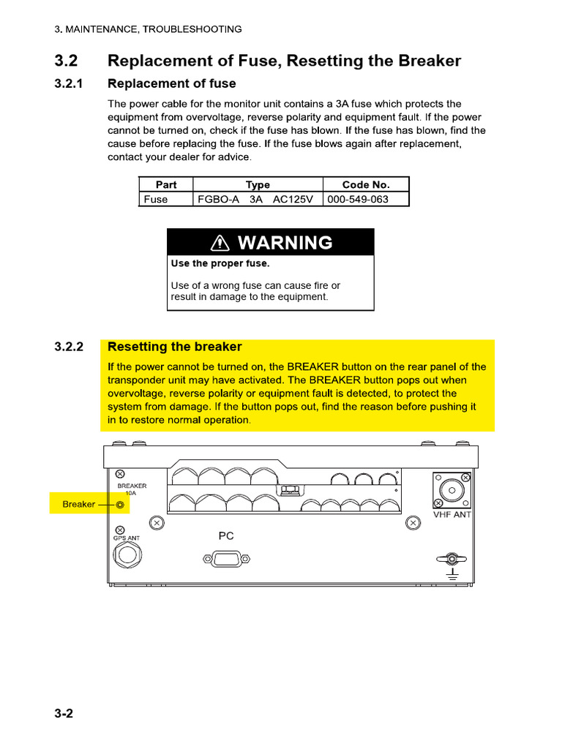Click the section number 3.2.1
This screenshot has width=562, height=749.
tap(70, 83)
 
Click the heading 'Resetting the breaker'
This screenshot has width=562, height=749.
tap(174, 347)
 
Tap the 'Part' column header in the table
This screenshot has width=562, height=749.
tap(166, 185)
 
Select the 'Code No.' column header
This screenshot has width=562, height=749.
tap(366, 185)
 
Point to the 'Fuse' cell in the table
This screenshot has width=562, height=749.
tap(156, 199)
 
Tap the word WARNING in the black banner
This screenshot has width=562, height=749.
tap(285, 243)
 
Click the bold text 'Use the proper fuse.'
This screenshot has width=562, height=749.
tap(220, 263)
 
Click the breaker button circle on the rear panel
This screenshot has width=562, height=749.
tap(121, 505)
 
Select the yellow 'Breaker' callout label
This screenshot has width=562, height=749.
tap(79, 504)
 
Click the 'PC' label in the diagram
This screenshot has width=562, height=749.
tap(226, 536)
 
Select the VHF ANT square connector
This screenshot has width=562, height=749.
tap(452, 490)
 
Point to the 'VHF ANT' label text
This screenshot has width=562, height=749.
tap(452, 514)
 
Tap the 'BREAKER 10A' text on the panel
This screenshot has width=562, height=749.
tap(132, 489)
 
